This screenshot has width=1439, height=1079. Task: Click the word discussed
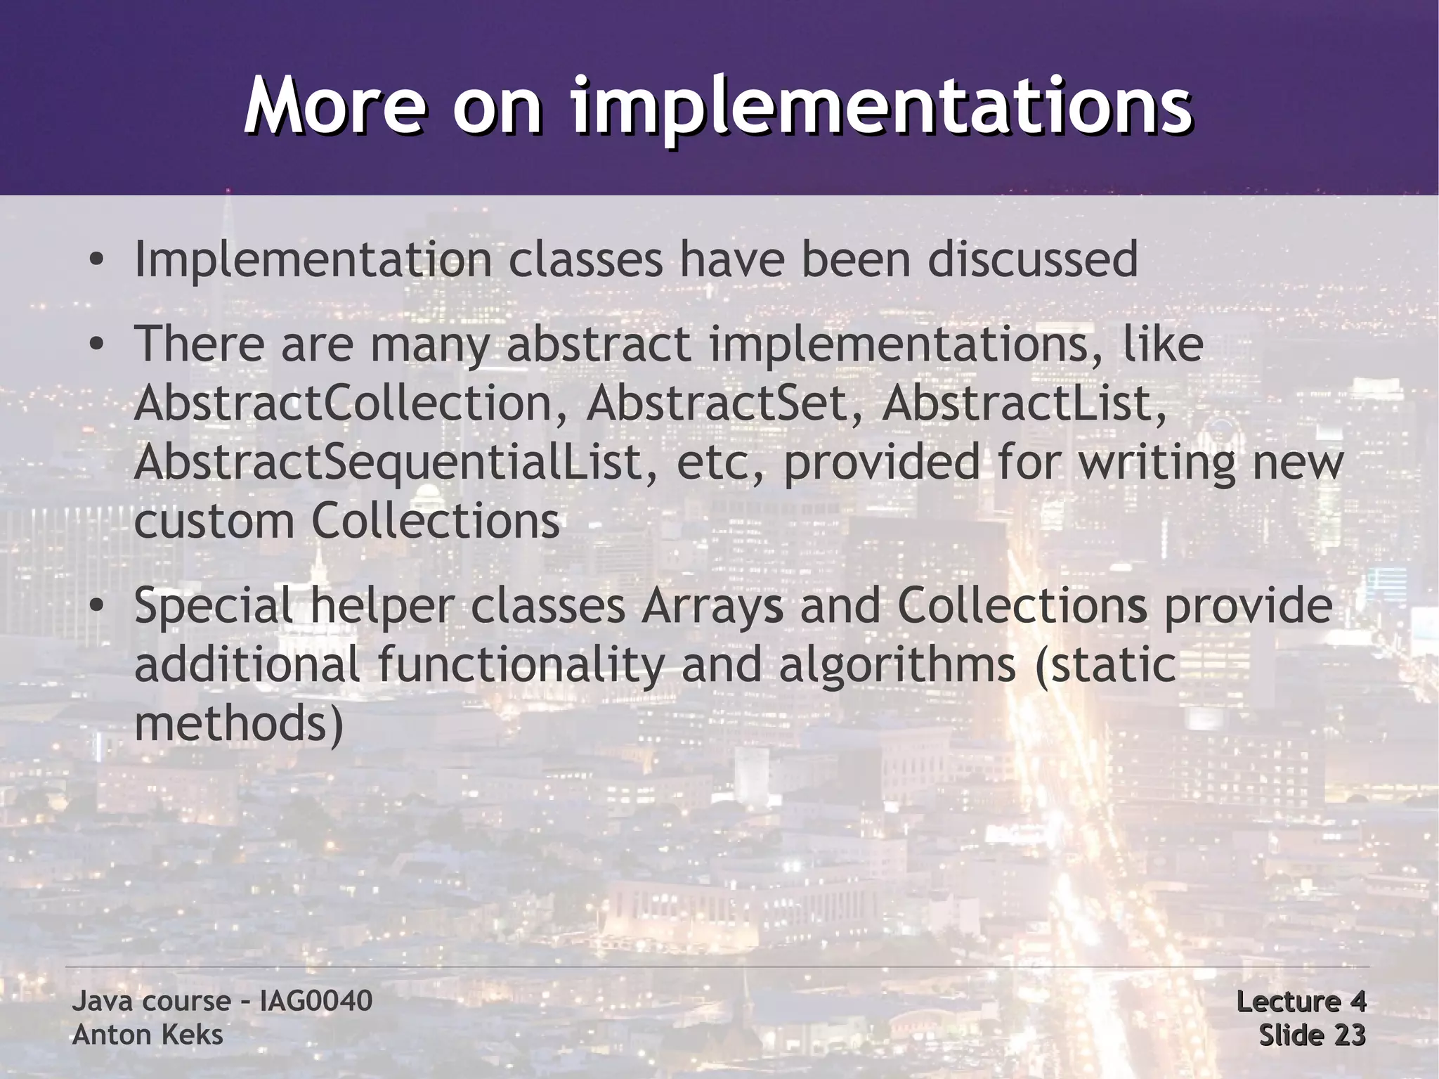[1032, 259]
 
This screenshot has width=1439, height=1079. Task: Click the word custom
[214, 522]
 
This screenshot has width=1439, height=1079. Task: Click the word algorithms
[897, 665]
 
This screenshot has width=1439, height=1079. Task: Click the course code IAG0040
[315, 1001]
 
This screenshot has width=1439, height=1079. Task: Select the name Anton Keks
[148, 1035]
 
